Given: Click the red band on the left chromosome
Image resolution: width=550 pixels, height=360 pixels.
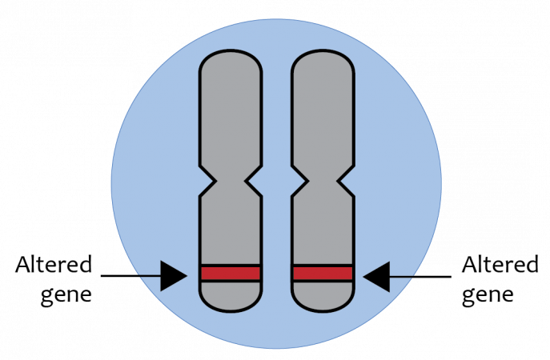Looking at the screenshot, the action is pyautogui.click(x=231, y=274).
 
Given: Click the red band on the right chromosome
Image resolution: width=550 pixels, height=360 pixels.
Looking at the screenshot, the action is pyautogui.click(x=323, y=274).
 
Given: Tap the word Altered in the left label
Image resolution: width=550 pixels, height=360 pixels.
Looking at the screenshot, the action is pyautogui.click(x=54, y=264).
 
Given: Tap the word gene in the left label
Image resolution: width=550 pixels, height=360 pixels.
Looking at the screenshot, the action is pyautogui.click(x=66, y=294).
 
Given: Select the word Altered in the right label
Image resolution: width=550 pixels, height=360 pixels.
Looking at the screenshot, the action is pyautogui.click(x=500, y=264).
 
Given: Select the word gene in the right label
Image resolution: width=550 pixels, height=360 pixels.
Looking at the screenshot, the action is pyautogui.click(x=488, y=294).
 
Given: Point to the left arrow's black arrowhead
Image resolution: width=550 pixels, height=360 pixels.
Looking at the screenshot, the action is pyautogui.click(x=173, y=276).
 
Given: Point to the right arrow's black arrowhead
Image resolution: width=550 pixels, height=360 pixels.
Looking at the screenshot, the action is pyautogui.click(x=377, y=277).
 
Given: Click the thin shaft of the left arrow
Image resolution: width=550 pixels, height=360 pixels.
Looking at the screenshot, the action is pyautogui.click(x=130, y=276).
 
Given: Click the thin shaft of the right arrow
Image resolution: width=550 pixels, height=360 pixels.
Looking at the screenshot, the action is pyautogui.click(x=420, y=277).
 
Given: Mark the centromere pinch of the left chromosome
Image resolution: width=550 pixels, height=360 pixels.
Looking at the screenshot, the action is pyautogui.click(x=231, y=181).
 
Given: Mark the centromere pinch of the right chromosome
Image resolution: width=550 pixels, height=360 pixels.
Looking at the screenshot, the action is pyautogui.click(x=323, y=181).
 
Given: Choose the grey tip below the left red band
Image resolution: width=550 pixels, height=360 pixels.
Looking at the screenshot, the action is pyautogui.click(x=231, y=296).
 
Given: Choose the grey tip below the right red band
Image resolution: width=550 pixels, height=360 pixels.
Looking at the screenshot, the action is pyautogui.click(x=323, y=296).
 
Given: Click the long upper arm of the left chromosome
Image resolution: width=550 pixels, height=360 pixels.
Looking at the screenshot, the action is pyautogui.click(x=231, y=112).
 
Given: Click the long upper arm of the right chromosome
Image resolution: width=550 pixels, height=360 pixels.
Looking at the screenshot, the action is pyautogui.click(x=323, y=112).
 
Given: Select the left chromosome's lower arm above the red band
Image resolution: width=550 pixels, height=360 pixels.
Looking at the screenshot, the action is pyautogui.click(x=231, y=230).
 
